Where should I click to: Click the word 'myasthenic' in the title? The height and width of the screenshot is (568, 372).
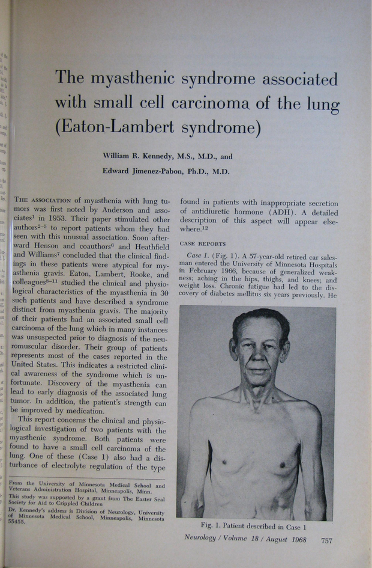click(x=131, y=79)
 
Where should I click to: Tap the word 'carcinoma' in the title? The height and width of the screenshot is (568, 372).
click(x=211, y=103)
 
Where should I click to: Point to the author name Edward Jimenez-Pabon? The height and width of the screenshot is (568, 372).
click(x=142, y=171)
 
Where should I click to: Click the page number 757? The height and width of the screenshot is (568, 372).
click(x=327, y=540)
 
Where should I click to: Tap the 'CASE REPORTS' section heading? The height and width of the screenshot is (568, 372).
click(x=203, y=244)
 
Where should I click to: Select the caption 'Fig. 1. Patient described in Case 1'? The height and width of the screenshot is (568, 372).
click(x=253, y=527)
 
